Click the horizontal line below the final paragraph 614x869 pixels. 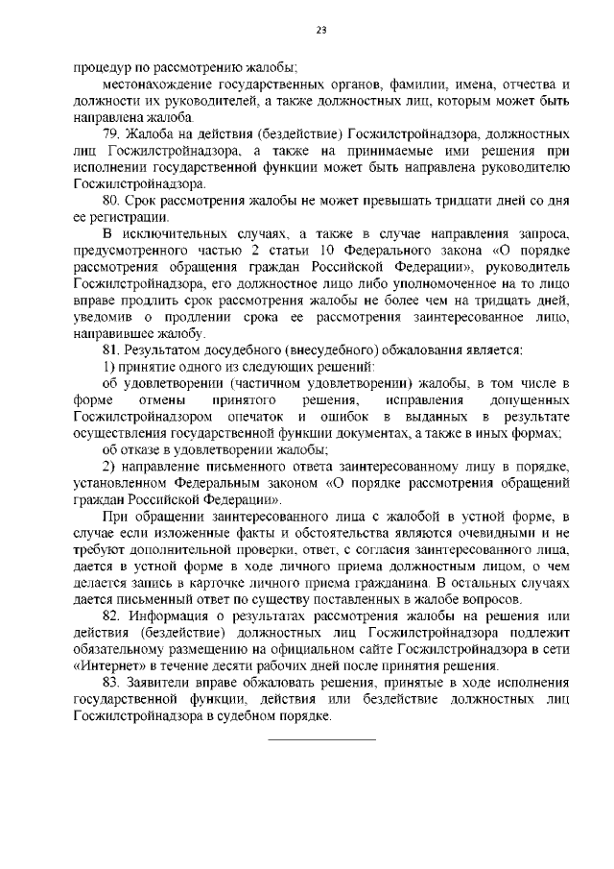pos(320,739)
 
